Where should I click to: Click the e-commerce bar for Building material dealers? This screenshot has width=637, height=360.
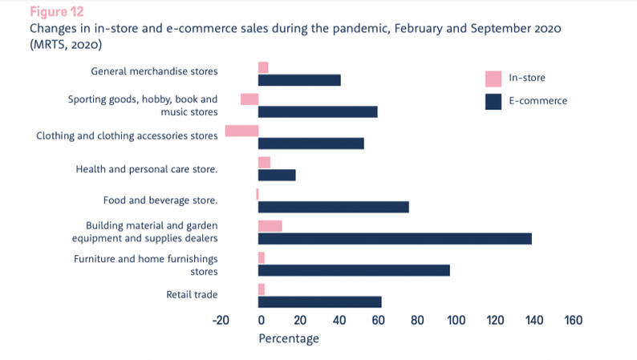click(395, 238)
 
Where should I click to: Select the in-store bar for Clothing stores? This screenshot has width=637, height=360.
click(241, 131)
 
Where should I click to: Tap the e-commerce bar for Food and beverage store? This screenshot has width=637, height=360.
click(333, 207)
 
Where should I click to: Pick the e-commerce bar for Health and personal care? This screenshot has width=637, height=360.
click(277, 175)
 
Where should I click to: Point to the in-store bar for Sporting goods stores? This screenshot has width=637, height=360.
click(250, 99)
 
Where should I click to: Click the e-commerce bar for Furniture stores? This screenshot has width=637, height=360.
click(354, 270)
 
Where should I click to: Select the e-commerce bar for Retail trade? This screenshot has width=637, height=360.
click(319, 301)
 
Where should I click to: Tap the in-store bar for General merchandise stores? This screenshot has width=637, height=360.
click(263, 67)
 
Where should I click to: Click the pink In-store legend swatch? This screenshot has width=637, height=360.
click(493, 79)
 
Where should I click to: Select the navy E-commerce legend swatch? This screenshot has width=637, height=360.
click(493, 101)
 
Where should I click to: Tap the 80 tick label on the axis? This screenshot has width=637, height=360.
click(416, 321)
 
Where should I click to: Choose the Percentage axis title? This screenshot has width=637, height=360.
click(289, 339)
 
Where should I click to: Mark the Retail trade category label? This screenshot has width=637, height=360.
click(192, 295)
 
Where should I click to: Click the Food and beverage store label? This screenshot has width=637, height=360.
click(160, 200)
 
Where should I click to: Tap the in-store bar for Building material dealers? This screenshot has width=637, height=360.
click(270, 226)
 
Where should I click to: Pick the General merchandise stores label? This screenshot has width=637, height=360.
click(154, 71)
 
